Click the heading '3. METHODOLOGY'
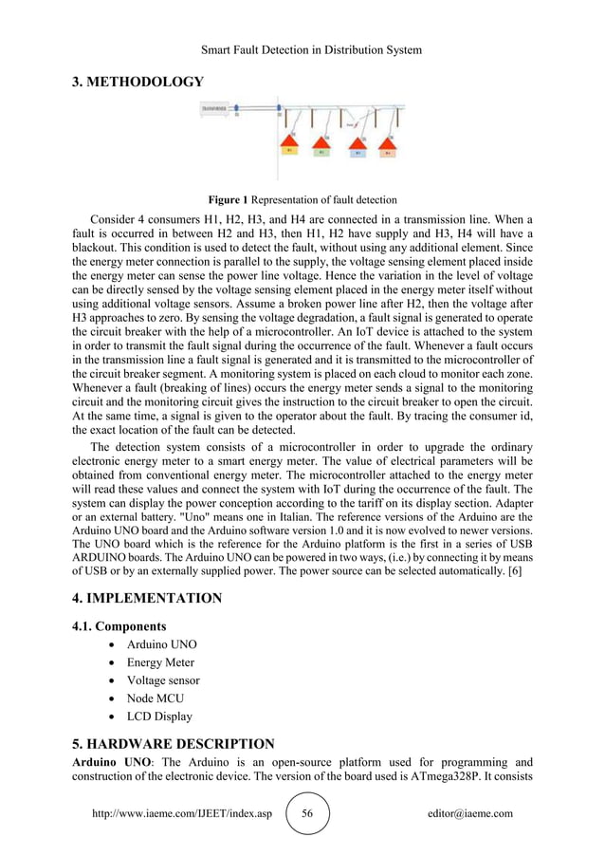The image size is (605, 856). point(137,82)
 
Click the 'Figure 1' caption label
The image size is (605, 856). point(228,199)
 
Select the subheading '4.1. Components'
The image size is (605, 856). point(119,626)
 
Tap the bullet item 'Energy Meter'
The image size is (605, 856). point(164,662)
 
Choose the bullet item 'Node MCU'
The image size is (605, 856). point(156,698)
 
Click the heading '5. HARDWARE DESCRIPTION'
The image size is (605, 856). point(174,743)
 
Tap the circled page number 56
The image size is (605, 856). point(306,813)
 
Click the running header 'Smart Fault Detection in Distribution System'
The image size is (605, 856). point(302,49)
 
